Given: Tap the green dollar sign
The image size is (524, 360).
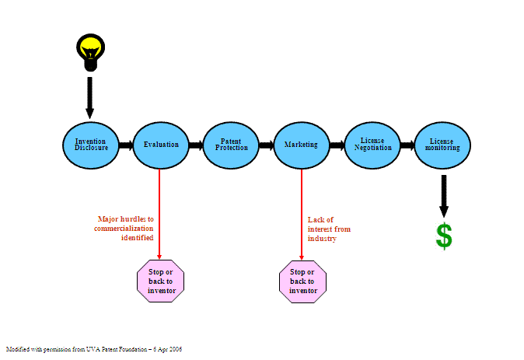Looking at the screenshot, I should [444, 236].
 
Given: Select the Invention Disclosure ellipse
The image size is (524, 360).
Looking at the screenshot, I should [90, 145].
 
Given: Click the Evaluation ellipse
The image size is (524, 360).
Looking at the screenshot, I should [161, 145].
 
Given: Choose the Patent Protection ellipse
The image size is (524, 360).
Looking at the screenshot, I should [231, 145].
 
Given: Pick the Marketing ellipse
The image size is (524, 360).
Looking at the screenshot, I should [301, 145].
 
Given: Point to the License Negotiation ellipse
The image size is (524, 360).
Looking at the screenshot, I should [372, 145].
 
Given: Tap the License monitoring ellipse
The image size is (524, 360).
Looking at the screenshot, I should [443, 145].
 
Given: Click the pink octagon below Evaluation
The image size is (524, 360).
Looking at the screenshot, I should [161, 281].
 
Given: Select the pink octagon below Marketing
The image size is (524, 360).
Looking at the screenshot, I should [302, 281].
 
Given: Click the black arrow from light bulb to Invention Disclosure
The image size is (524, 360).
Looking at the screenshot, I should [89, 97].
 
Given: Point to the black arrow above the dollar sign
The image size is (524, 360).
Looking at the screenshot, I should [444, 194].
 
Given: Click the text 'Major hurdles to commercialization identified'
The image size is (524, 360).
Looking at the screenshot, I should [124, 229].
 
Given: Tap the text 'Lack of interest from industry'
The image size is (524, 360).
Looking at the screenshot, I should [328, 229].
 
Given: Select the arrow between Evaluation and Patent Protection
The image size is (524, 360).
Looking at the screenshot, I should [195, 145].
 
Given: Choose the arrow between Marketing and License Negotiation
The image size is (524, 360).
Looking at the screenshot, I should [337, 145].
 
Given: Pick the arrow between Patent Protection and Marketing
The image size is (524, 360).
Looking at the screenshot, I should [266, 145].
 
